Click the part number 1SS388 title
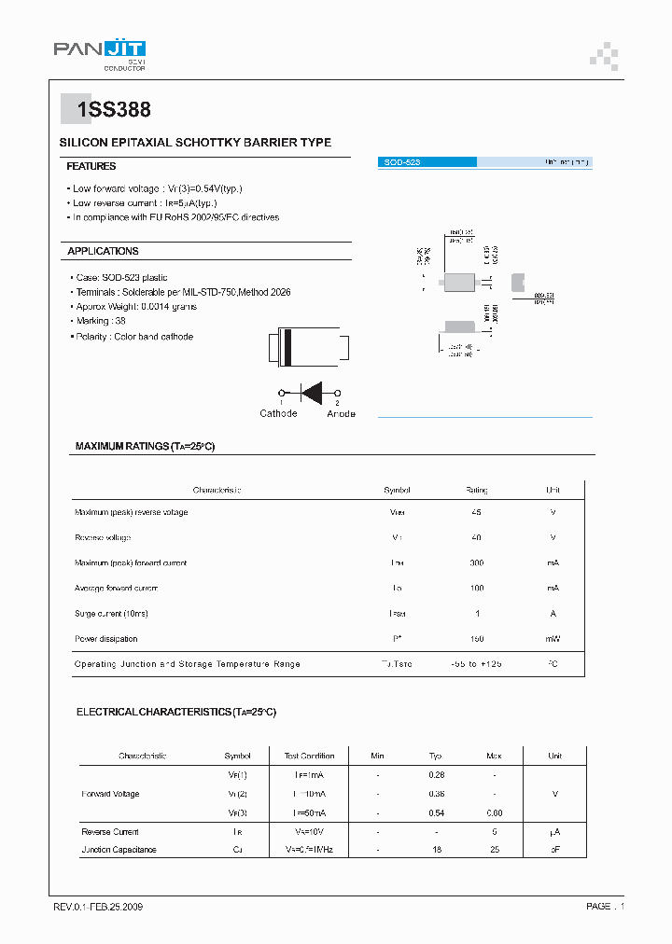114,110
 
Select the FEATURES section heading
91,166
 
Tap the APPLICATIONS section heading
103,251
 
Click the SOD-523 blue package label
402,162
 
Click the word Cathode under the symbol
278,413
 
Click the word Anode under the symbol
341,413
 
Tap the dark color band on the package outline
288,347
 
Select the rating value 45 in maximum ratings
476,512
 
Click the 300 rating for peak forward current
476,562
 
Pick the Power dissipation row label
105,639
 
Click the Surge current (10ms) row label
111,614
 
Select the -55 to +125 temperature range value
476,664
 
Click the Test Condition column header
309,756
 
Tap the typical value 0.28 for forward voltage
435,774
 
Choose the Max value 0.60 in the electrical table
494,812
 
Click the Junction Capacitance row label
119,850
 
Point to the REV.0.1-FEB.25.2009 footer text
98,907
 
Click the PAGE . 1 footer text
605,907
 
